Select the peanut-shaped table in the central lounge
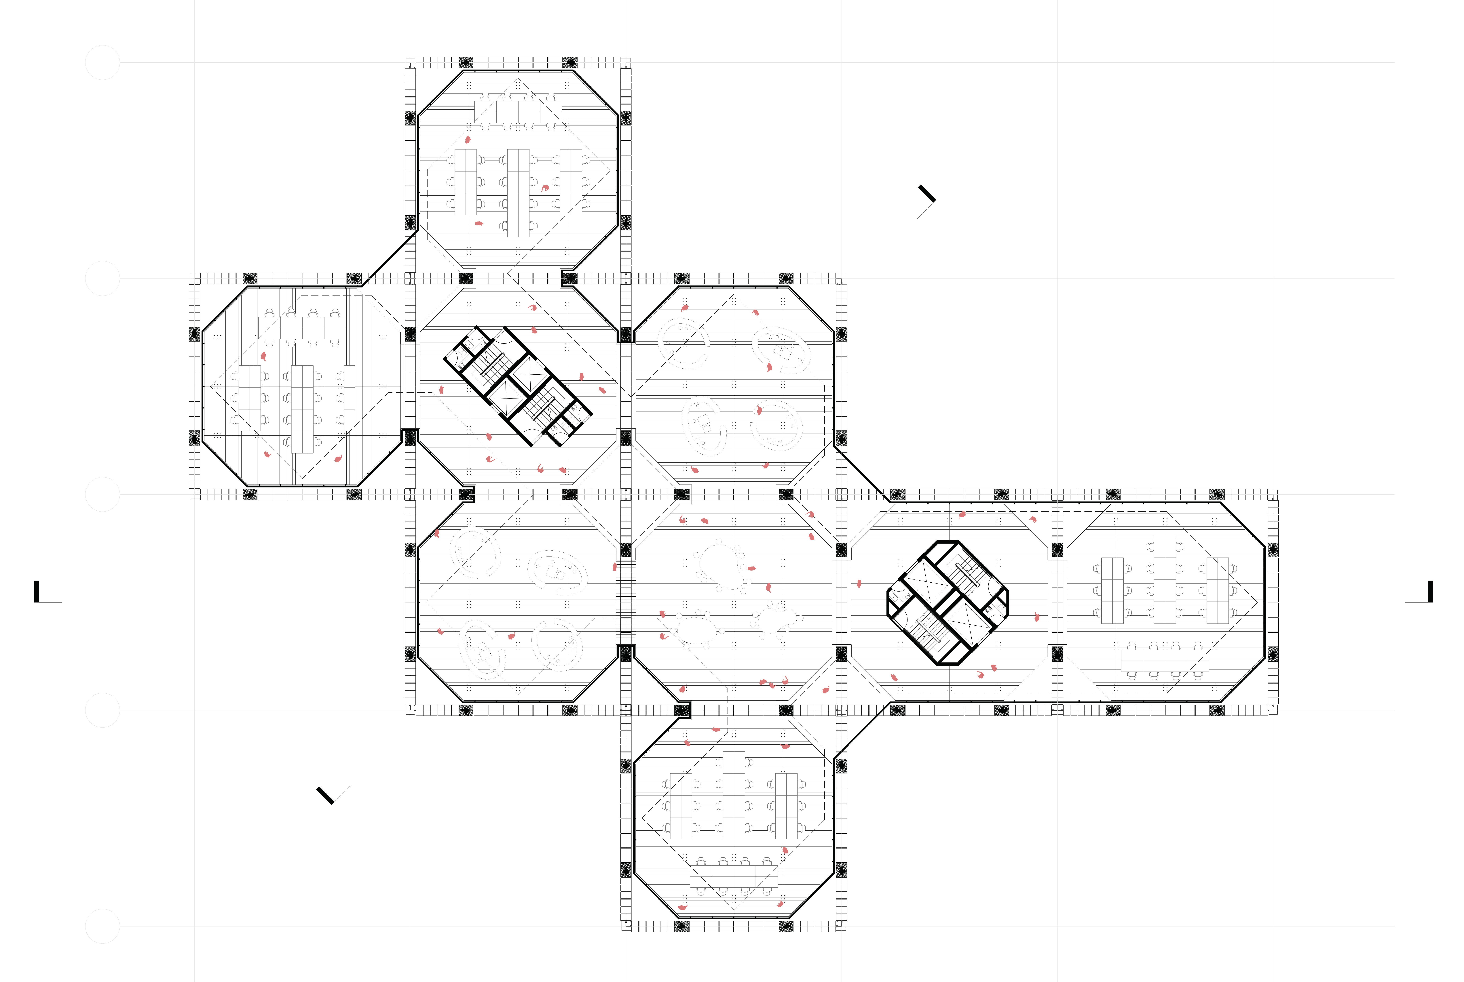[777, 619]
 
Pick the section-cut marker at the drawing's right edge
[1430, 592]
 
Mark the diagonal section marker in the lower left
[326, 795]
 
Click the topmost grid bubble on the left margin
[102, 63]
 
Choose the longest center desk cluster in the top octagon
[518, 193]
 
